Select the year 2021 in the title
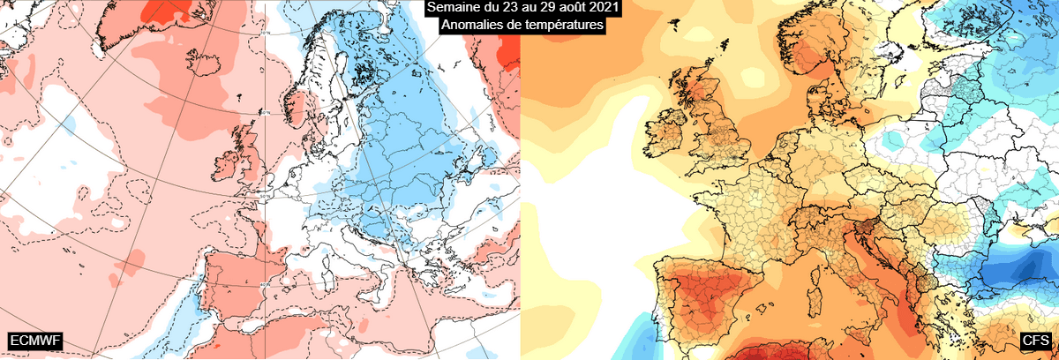point(601,8)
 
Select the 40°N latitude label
point(266,285)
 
